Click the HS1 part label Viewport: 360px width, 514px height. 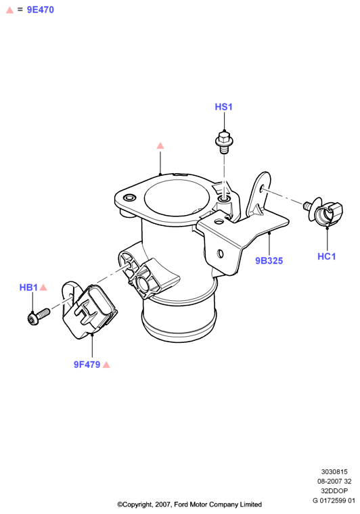pos(223,107)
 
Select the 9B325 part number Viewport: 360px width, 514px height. pos(269,260)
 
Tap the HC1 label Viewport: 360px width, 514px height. pos(327,256)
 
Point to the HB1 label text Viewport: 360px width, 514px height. pos(28,287)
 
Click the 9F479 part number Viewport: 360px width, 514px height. pos(87,365)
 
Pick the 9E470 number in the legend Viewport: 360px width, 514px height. pos(41,10)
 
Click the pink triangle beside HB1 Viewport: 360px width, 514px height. pos(43,287)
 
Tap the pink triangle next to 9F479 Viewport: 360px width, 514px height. pos(106,365)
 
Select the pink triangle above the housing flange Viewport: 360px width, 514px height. pos(160,145)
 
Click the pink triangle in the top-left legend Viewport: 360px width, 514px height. pos(10,10)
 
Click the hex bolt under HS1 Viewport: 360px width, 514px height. pos(224,141)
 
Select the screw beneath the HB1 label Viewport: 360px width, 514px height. pos(39,317)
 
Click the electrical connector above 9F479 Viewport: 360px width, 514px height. pos(89,310)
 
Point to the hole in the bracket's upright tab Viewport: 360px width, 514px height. pos(262,189)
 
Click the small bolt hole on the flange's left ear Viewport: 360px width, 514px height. pos(129,197)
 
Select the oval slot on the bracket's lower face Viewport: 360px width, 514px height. pos(221,254)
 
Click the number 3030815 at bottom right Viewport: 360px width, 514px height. pos(334,471)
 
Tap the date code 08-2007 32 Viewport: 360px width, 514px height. pos(334,482)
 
